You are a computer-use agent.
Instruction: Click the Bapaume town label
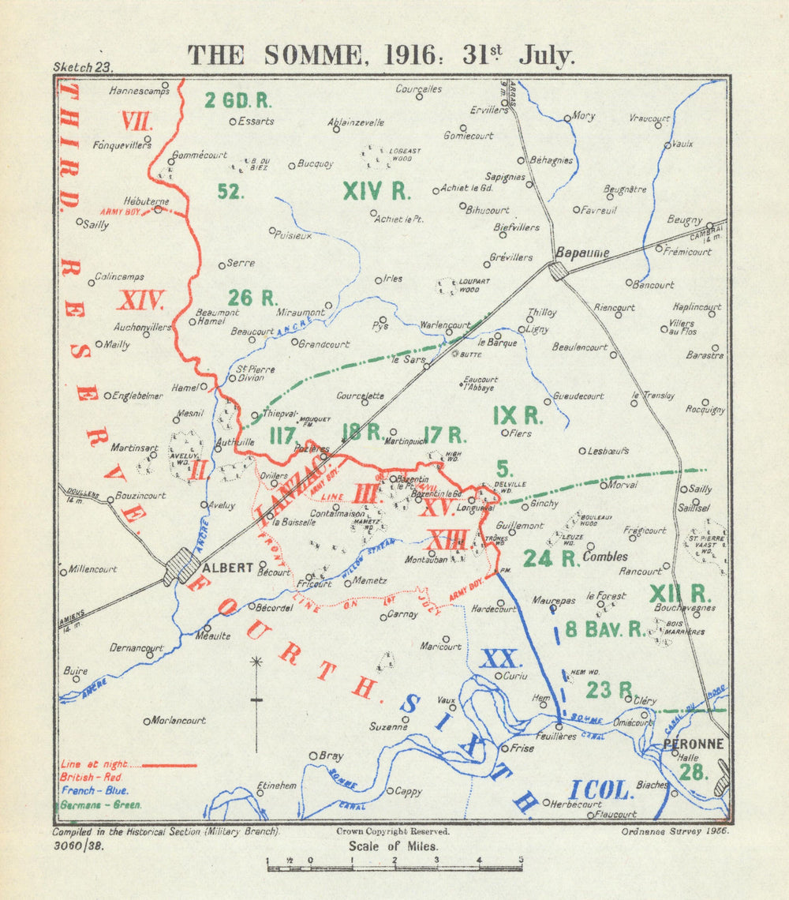point(582,253)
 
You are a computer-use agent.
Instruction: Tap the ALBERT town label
point(228,568)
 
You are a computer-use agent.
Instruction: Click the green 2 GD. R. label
point(237,100)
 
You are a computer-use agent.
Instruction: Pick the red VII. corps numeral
point(136,122)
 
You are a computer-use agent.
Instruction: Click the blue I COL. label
point(599,789)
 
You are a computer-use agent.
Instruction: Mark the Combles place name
point(605,557)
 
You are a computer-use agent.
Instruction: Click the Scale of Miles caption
point(394,846)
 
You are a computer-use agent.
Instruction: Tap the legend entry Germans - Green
point(101,805)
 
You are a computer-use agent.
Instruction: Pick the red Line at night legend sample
point(169,764)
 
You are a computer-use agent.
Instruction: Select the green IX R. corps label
point(516,414)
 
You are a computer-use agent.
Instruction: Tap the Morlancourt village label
point(178,720)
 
